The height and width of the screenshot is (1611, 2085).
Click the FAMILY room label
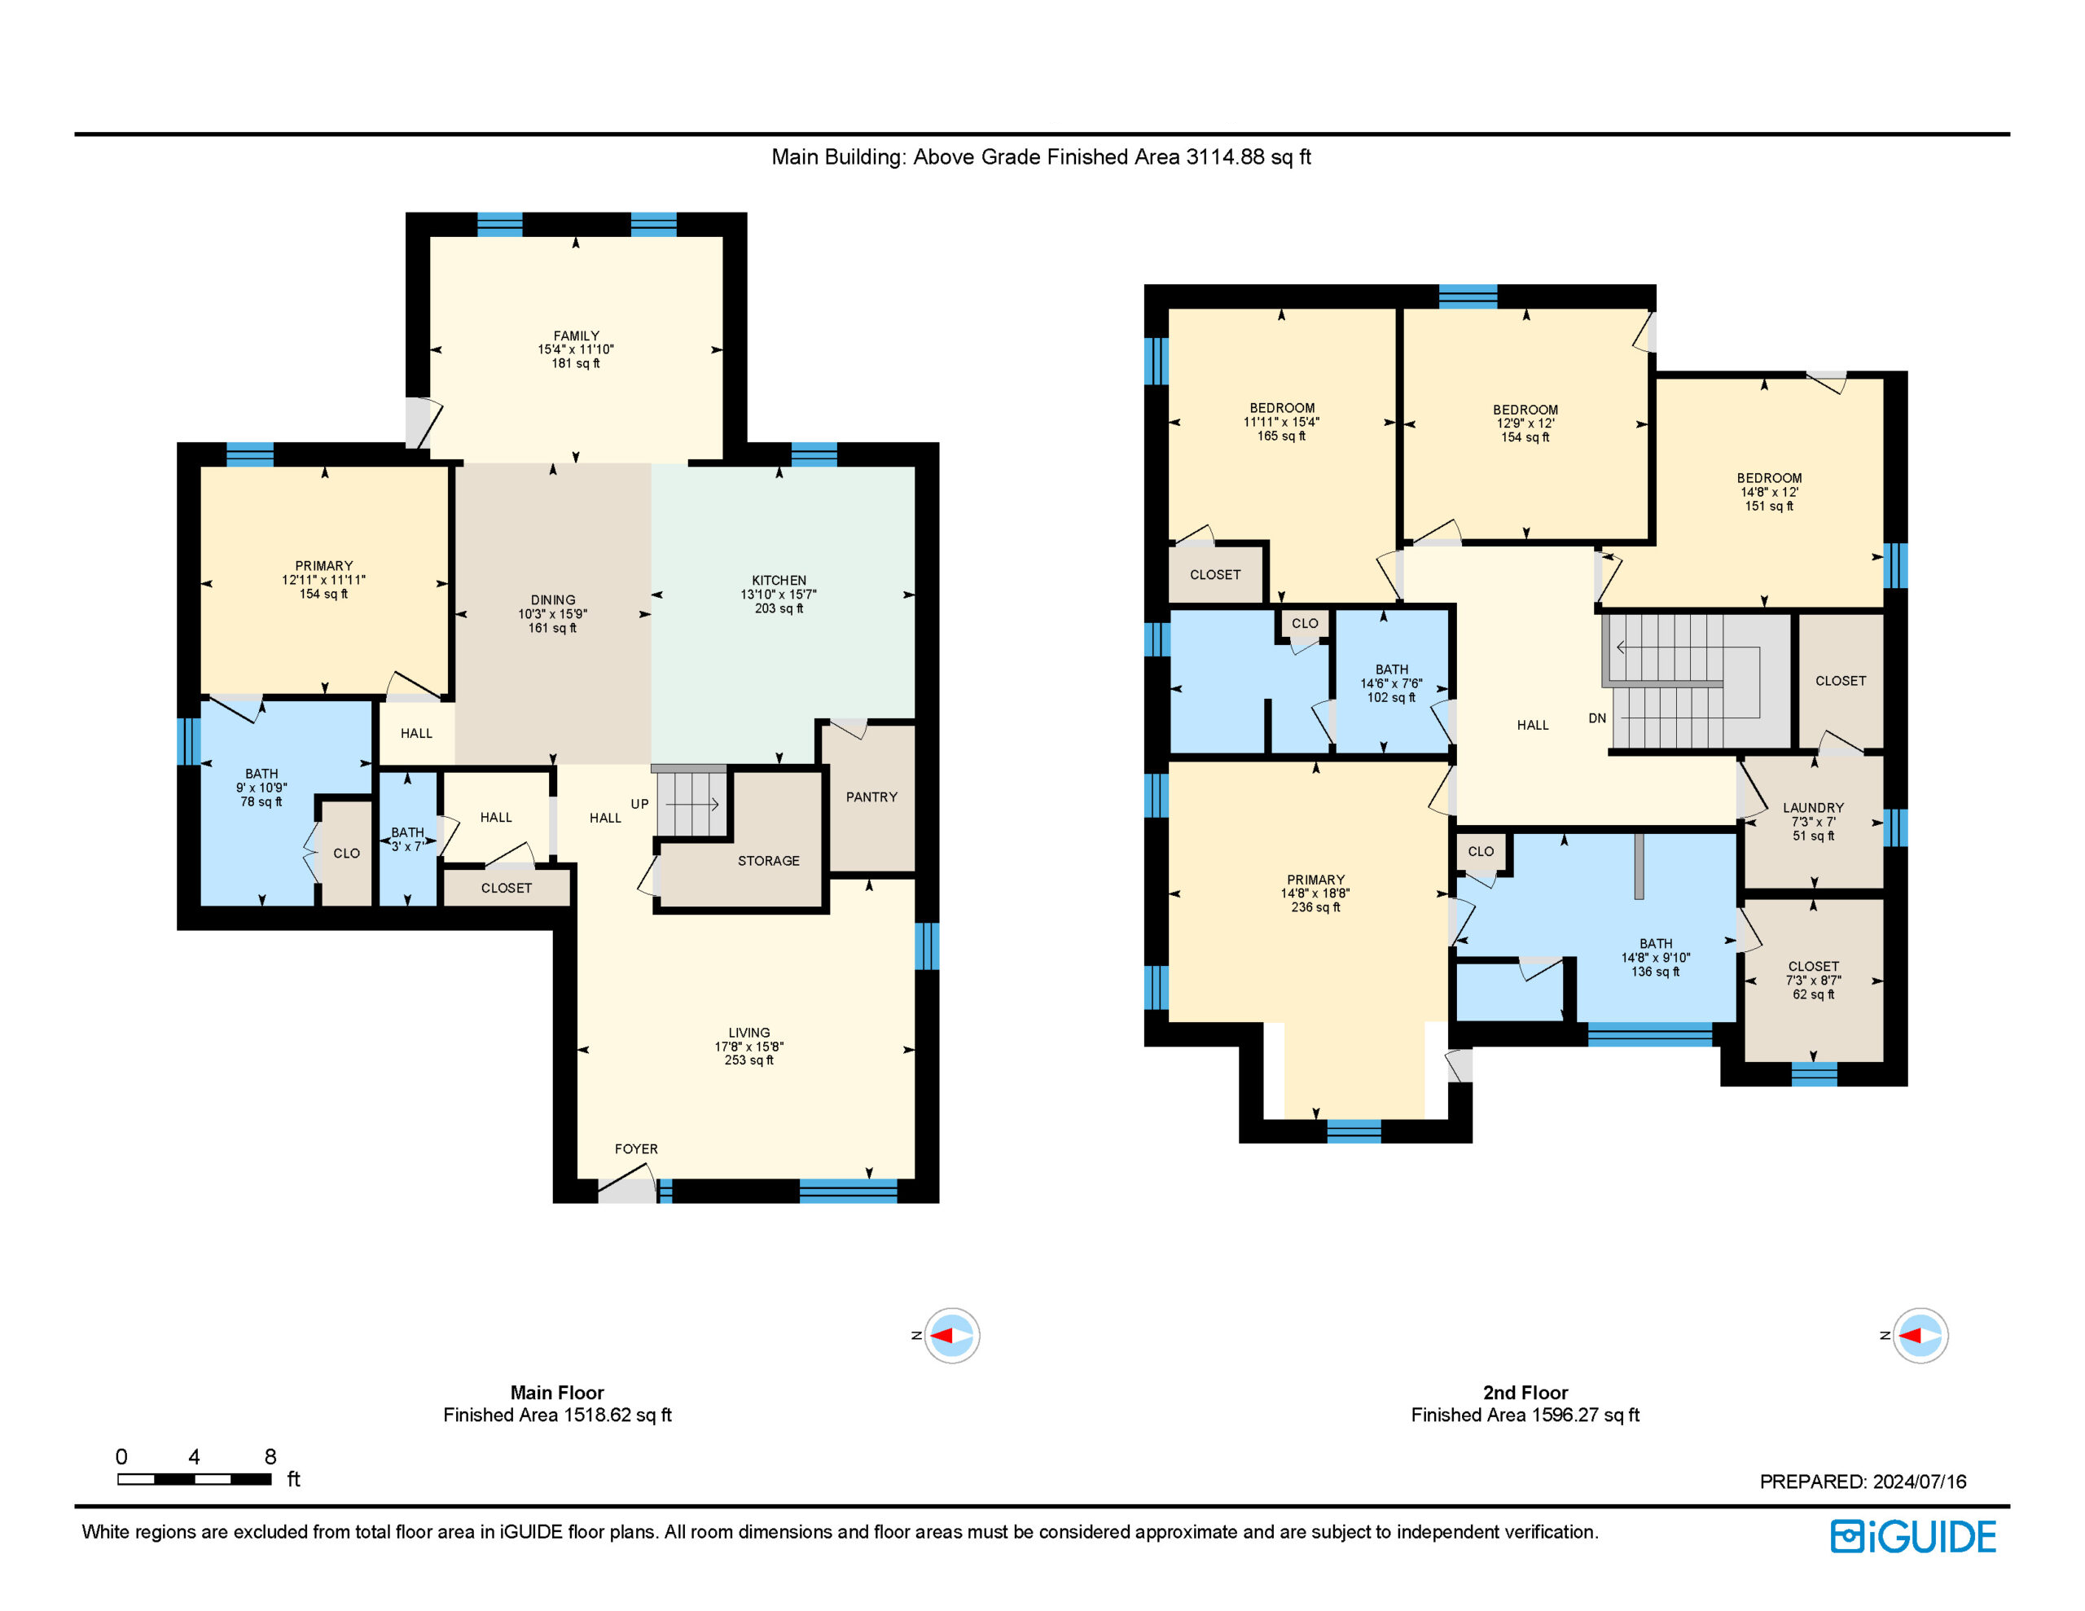pyautogui.click(x=576, y=336)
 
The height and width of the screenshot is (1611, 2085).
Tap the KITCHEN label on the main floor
pyautogui.click(x=779, y=581)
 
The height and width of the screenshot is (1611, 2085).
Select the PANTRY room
pyautogui.click(x=871, y=797)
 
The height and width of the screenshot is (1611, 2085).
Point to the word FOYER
pyautogui.click(x=636, y=1149)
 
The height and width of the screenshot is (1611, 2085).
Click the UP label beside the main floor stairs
pyautogui.click(x=639, y=804)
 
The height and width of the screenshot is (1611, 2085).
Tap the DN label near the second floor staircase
pyautogui.click(x=1597, y=718)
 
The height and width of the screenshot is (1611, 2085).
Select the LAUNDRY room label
pyautogui.click(x=1813, y=808)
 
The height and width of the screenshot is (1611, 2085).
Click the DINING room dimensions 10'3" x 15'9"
pyautogui.click(x=553, y=614)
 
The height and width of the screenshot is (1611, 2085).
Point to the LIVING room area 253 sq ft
pyautogui.click(x=748, y=1060)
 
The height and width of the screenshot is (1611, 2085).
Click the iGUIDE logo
pyautogui.click(x=1913, y=1537)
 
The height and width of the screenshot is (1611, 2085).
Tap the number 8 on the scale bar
pyautogui.click(x=270, y=1456)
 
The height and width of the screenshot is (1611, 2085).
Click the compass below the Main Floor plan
pyautogui.click(x=950, y=1335)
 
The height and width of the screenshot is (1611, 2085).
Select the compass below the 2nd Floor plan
pyautogui.click(x=1920, y=1335)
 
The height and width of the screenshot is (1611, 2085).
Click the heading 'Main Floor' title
pyautogui.click(x=556, y=1392)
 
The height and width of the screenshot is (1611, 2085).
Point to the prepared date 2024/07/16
pyautogui.click(x=1919, y=1482)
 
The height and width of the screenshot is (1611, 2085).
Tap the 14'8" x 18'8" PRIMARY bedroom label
pyautogui.click(x=1315, y=893)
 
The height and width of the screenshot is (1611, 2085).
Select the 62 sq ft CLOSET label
pyautogui.click(x=1813, y=994)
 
